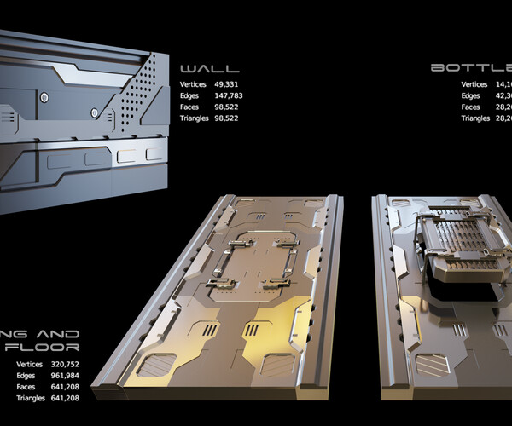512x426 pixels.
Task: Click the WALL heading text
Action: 209,68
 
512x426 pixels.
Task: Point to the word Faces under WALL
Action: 192,106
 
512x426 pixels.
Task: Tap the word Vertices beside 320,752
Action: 32,365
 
